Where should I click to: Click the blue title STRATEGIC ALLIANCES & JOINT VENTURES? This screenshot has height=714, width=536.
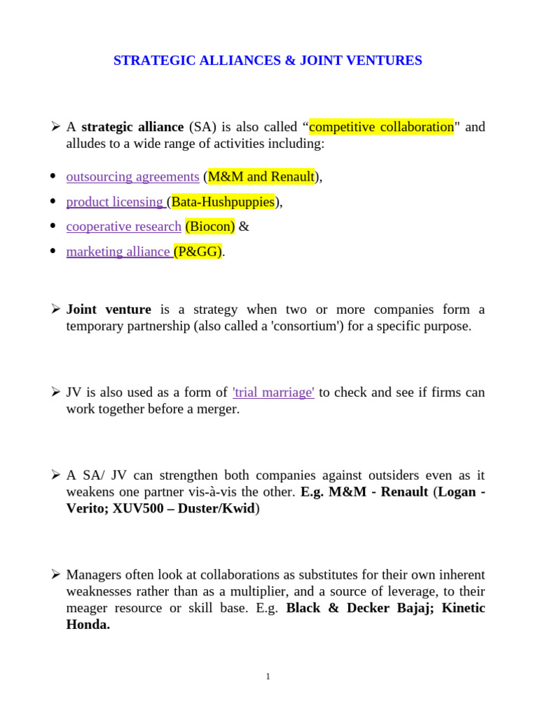267,61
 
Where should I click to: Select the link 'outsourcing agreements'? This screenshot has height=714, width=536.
133,177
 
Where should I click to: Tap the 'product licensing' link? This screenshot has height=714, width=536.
114,202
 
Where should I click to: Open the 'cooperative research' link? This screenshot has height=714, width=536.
124,227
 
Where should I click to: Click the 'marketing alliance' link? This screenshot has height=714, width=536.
118,252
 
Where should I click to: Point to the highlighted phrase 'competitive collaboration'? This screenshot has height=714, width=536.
381,127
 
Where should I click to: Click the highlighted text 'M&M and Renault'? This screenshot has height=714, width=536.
261,177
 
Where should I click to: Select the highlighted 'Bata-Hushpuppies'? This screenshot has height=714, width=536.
223,202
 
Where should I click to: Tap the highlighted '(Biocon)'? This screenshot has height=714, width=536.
210,227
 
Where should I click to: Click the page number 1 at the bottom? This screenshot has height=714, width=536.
268,676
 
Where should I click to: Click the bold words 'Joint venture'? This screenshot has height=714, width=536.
109,310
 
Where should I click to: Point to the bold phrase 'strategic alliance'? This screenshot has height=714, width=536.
133,127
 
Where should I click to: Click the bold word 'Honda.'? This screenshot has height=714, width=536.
88,625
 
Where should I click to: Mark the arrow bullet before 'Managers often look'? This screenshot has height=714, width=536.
56,575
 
